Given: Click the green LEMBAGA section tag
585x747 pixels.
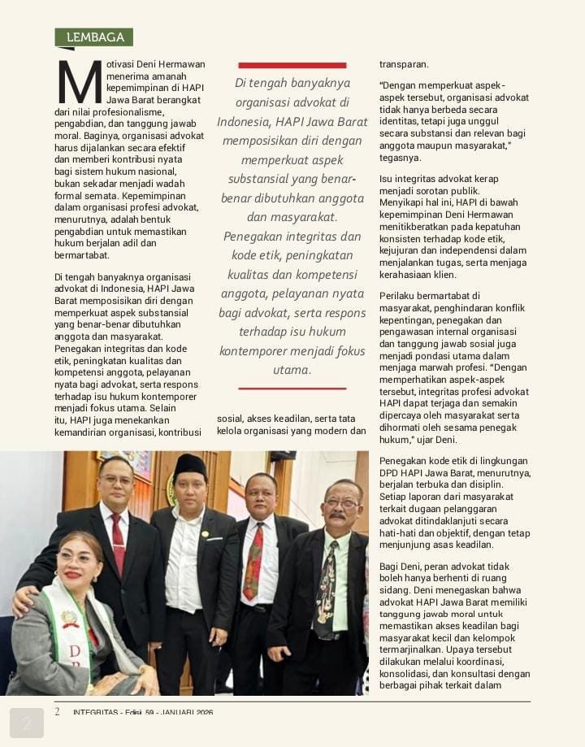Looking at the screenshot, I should pos(93,37).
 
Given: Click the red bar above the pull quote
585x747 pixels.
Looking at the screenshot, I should pos(292,65).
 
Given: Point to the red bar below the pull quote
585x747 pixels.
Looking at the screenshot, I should pos(292,389).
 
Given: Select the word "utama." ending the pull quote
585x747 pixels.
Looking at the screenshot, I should pos(292,371).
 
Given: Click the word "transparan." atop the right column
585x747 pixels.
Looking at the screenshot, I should pos(404,64).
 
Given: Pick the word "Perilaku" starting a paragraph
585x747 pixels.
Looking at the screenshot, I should pos(400,295).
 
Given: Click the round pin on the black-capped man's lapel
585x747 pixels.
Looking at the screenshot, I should pos(206,534).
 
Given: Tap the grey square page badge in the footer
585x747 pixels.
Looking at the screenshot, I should pos(27,722).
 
